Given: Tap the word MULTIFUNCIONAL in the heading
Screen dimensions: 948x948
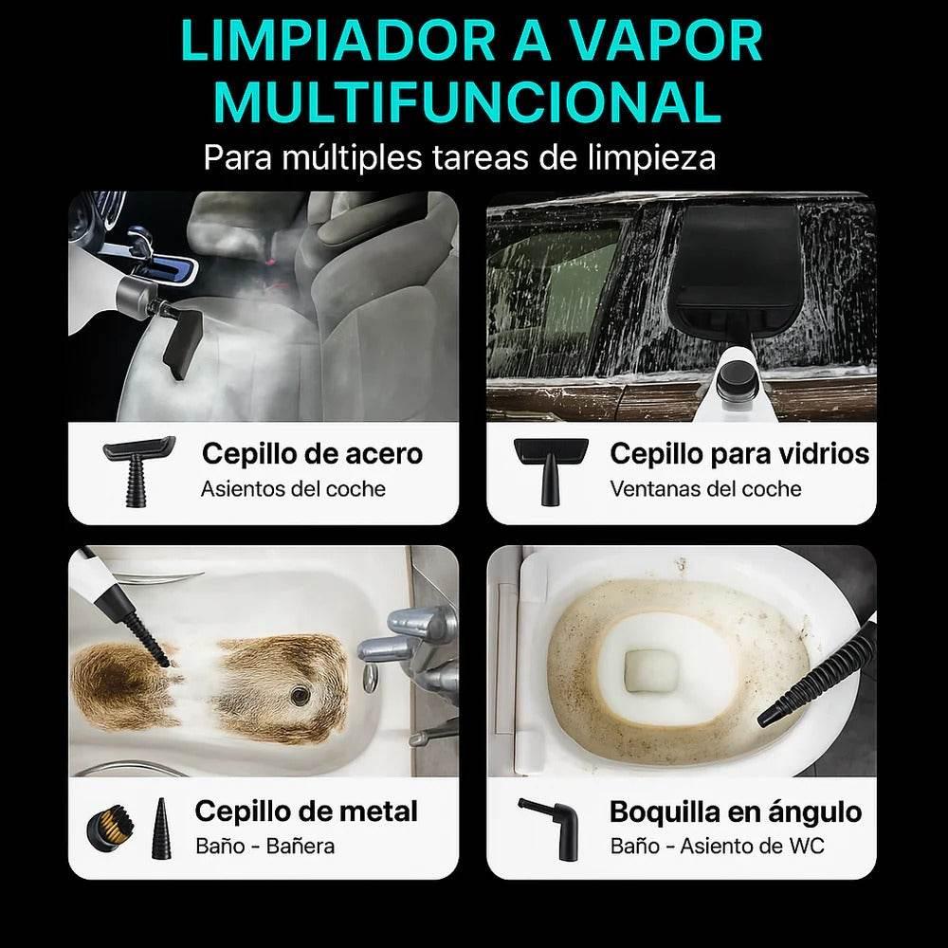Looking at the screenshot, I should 469,103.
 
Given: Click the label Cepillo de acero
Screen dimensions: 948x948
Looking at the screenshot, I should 312,453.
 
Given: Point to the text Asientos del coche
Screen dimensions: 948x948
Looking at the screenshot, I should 293,489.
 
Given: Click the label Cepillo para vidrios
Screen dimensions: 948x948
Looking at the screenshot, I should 739,453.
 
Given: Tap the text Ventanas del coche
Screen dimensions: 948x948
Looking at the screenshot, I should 705,489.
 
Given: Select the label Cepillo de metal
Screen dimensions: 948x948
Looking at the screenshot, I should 305,811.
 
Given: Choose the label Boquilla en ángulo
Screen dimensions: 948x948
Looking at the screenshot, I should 736,811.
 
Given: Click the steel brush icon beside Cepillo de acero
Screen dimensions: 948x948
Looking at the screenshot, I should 137,470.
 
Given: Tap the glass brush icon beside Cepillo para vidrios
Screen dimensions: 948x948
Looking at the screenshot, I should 551,469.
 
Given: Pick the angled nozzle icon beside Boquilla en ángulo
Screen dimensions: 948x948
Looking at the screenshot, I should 551,827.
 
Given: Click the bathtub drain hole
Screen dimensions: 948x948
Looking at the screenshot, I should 301,697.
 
